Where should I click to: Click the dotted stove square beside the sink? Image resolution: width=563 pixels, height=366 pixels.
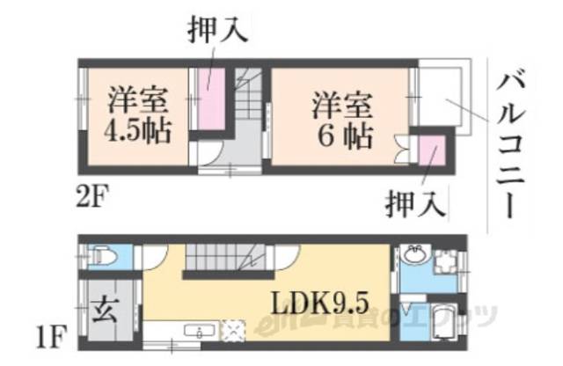(235, 330)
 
